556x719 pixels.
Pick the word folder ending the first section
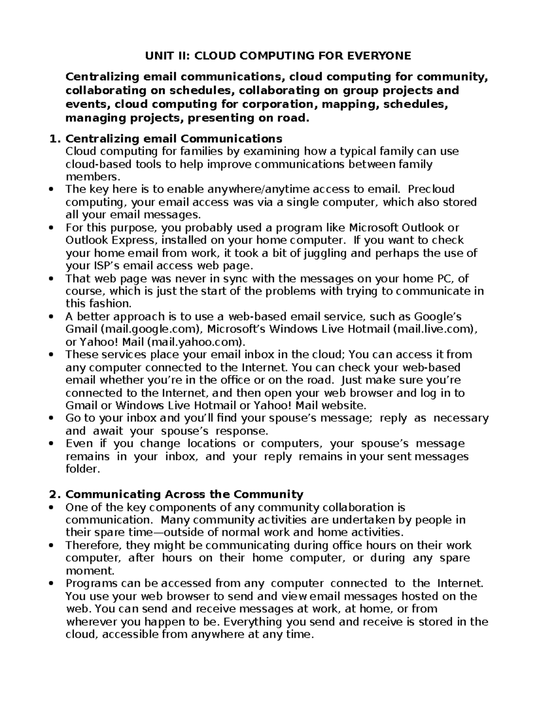(82, 469)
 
